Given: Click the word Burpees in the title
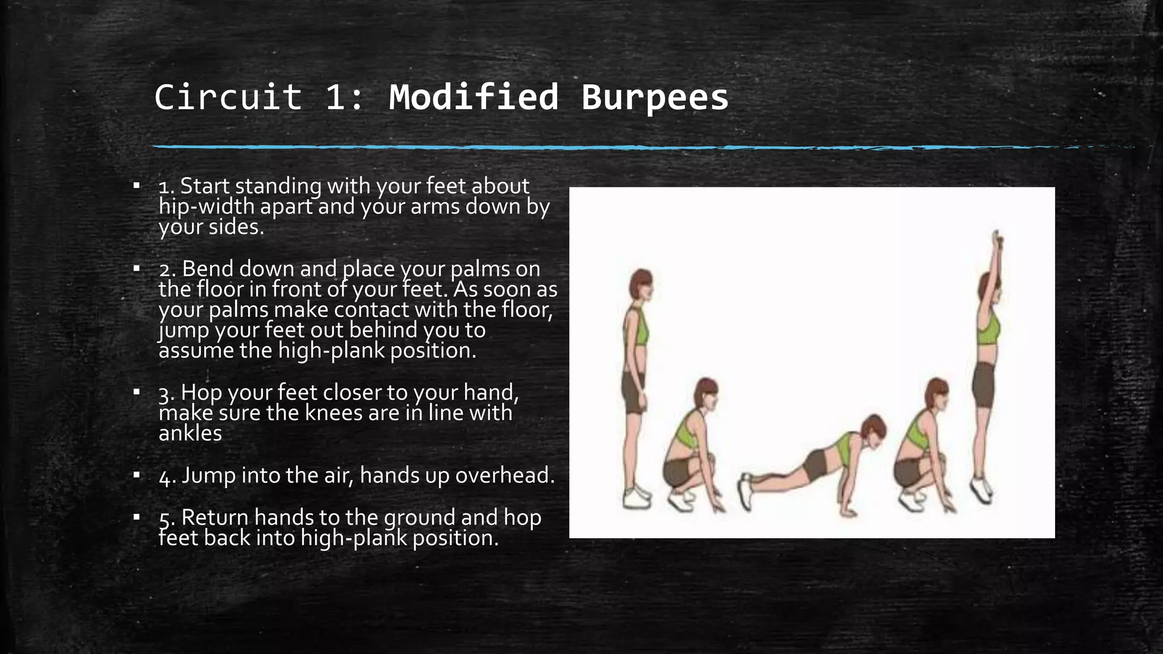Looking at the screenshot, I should (x=654, y=98).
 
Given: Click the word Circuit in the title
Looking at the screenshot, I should (x=228, y=98).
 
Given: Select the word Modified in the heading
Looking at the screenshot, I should (x=474, y=98).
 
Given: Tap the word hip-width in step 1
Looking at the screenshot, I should (x=206, y=207).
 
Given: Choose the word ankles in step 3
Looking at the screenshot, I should (x=190, y=434).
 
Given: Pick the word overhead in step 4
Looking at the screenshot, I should (x=504, y=476).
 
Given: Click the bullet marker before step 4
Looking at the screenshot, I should (x=136, y=475).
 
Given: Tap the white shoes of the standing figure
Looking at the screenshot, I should (x=636, y=496).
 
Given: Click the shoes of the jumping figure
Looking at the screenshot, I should (x=981, y=488).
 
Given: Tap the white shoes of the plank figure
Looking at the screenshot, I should (x=744, y=491).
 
